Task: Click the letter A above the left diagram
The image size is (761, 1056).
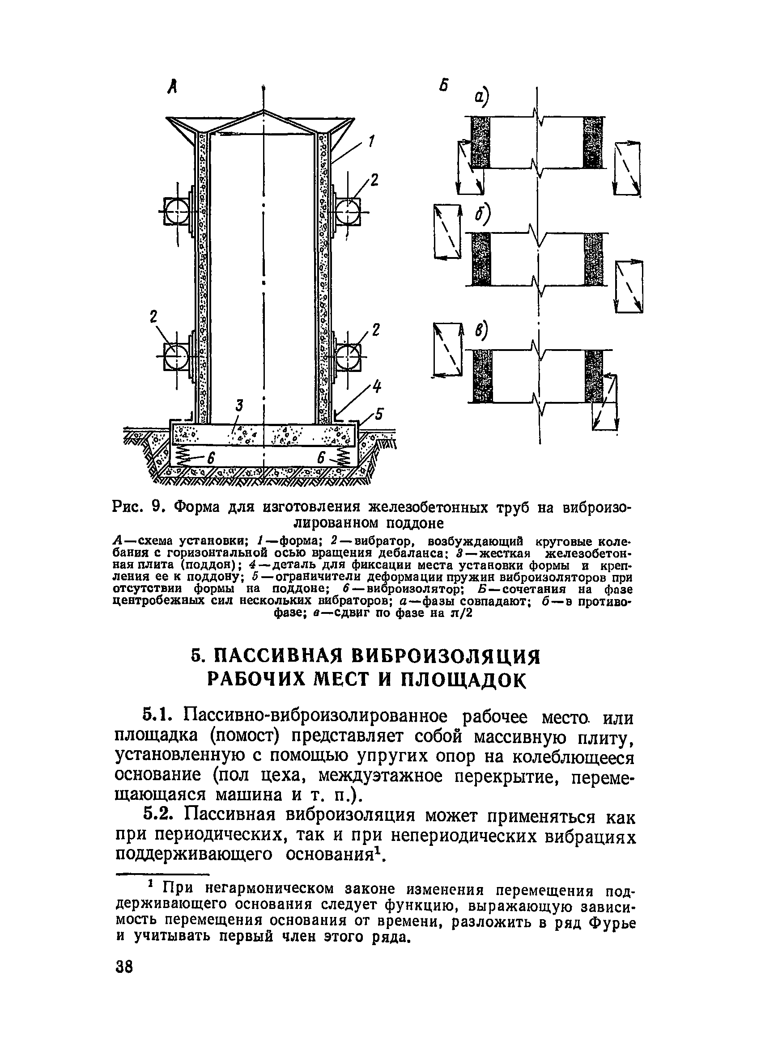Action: click(173, 88)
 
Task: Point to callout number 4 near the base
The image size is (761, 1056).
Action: click(377, 387)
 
